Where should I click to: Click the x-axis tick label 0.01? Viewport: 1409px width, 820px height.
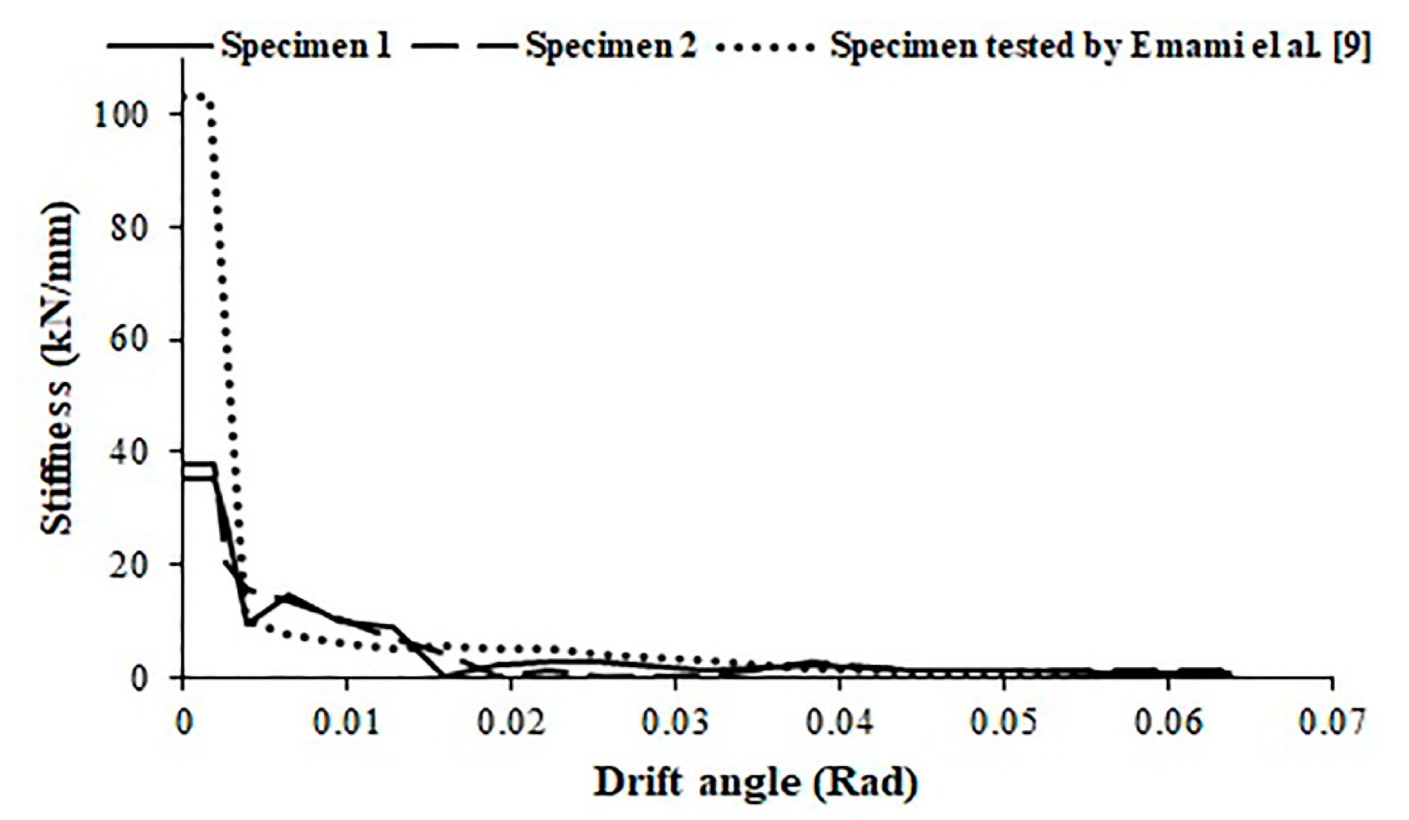346,723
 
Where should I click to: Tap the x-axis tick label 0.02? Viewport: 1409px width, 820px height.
510,723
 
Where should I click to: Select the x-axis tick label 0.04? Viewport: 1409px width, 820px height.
838,723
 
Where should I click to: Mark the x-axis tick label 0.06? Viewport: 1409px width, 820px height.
1168,723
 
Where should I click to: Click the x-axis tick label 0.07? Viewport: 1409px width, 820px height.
1332,723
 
